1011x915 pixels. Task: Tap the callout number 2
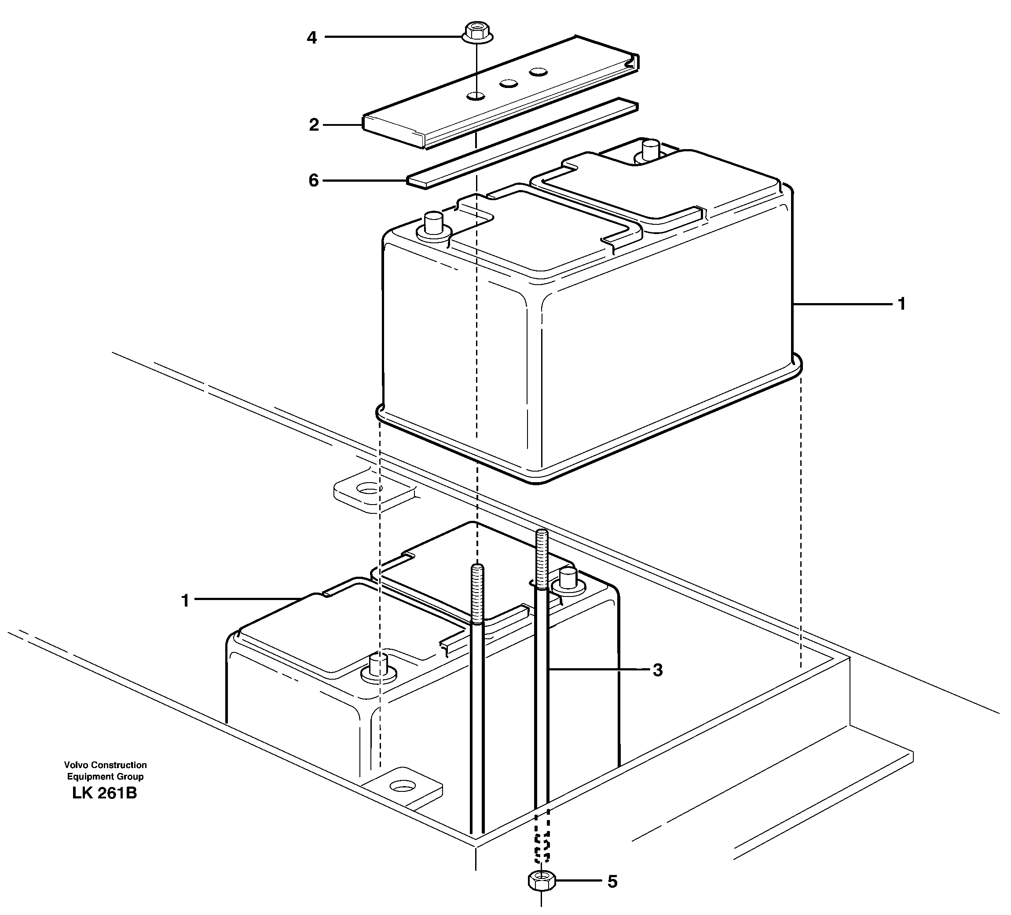point(314,125)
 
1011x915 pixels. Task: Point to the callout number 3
point(657,670)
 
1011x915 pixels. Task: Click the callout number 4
point(312,37)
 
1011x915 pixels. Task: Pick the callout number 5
point(612,896)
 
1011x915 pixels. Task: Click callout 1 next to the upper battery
point(901,304)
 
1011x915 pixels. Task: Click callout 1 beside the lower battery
point(185,600)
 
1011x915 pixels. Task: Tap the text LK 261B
point(105,793)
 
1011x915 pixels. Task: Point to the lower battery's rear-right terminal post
point(567,578)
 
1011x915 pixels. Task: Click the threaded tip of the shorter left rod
point(477,594)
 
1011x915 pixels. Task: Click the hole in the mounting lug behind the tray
point(369,488)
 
